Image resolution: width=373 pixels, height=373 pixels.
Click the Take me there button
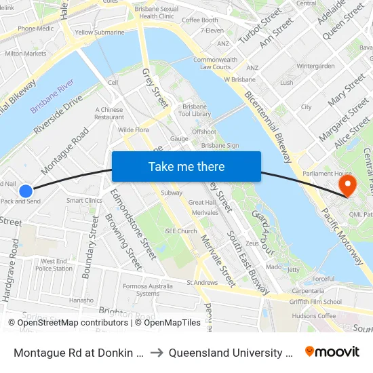186,167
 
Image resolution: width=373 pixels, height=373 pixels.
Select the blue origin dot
25,191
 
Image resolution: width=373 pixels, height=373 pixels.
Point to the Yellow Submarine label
100,32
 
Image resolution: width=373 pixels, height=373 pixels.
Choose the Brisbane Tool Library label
197,111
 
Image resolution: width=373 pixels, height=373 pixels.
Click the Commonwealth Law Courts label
214,63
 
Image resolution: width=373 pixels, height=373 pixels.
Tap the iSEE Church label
180,231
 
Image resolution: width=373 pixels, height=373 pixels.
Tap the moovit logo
332,351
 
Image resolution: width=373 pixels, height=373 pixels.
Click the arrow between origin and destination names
155,352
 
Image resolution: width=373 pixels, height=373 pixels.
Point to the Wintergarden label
316,66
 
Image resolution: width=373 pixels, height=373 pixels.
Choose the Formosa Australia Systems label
146,290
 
